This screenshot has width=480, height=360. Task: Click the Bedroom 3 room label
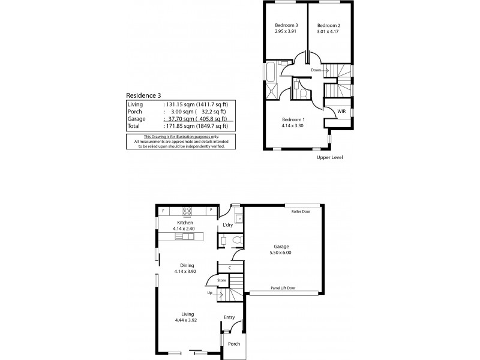(x=286, y=25)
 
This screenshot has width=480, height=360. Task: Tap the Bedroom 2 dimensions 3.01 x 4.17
(x=328, y=31)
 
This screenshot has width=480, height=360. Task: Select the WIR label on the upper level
(x=341, y=111)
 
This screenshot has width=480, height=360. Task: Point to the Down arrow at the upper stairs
(x=325, y=70)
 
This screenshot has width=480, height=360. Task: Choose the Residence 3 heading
(x=143, y=95)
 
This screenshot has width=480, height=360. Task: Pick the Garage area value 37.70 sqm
(x=181, y=119)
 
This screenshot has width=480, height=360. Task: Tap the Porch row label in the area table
(x=134, y=112)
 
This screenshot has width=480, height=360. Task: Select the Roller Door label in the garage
(x=301, y=212)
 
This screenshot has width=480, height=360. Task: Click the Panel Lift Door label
(x=283, y=288)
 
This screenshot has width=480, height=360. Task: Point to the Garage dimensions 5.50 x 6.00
(x=280, y=253)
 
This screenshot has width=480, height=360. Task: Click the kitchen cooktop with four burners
(x=187, y=211)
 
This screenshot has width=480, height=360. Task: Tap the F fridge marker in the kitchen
(x=163, y=211)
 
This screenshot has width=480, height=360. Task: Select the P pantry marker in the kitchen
(x=211, y=210)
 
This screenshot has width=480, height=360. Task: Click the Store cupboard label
(x=221, y=280)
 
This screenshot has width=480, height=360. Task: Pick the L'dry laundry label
(x=228, y=225)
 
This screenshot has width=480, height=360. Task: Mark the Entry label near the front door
(x=229, y=317)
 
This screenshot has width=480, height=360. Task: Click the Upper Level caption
(x=329, y=157)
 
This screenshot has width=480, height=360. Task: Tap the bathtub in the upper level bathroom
(x=271, y=71)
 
